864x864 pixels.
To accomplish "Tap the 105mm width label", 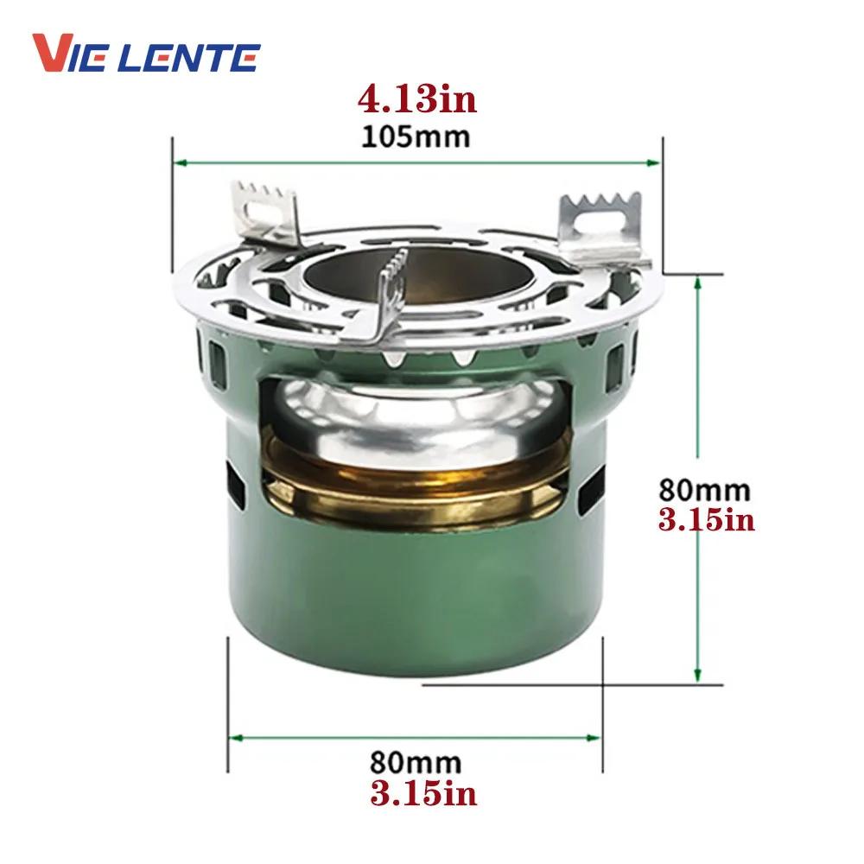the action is click(416, 137).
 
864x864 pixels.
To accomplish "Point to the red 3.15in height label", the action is click(707, 519).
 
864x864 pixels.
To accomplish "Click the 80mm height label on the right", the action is click(705, 489).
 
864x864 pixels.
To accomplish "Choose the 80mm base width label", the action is click(416, 763).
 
